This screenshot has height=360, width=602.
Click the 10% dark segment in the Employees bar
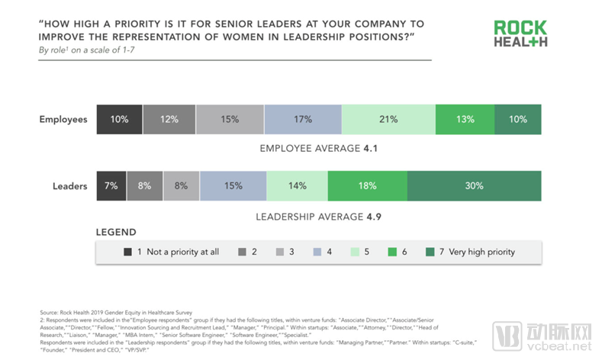pyautogui.click(x=119, y=119)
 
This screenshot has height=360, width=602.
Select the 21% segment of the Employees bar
pyautogui.click(x=388, y=119)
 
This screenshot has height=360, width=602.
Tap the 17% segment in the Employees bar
pyautogui.click(x=303, y=119)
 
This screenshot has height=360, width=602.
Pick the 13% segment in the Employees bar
pyautogui.click(x=465, y=119)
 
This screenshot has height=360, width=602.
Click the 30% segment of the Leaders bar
pyautogui.click(x=474, y=185)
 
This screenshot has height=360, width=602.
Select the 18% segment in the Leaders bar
pyautogui.click(x=367, y=185)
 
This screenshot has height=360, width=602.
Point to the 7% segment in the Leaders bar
pyautogui.click(x=111, y=185)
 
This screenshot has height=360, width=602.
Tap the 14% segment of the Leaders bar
pyautogui.click(x=297, y=185)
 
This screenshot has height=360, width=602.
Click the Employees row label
pyautogui.click(x=63, y=119)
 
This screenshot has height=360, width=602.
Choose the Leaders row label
pyautogui.click(x=69, y=185)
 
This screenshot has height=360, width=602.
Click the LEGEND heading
pyautogui.click(x=116, y=232)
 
